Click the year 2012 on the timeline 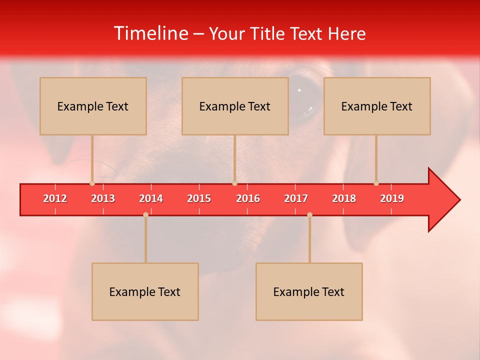coord(55,198)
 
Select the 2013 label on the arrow coord(103,198)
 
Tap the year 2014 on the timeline coord(151,198)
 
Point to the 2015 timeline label coord(199,198)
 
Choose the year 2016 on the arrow coord(248,198)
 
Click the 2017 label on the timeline coord(296,198)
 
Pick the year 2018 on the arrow coord(344,198)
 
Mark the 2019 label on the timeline coord(392,198)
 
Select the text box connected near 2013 coord(93,106)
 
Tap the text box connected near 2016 coord(235,106)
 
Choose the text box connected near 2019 coord(377,106)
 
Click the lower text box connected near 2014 coord(145,291)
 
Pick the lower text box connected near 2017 coord(309,291)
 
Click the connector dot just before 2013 coord(92,183)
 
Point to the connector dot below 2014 coord(145,214)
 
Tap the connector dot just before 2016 coord(234,183)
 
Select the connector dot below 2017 coord(309,214)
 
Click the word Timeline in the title coord(151,33)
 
